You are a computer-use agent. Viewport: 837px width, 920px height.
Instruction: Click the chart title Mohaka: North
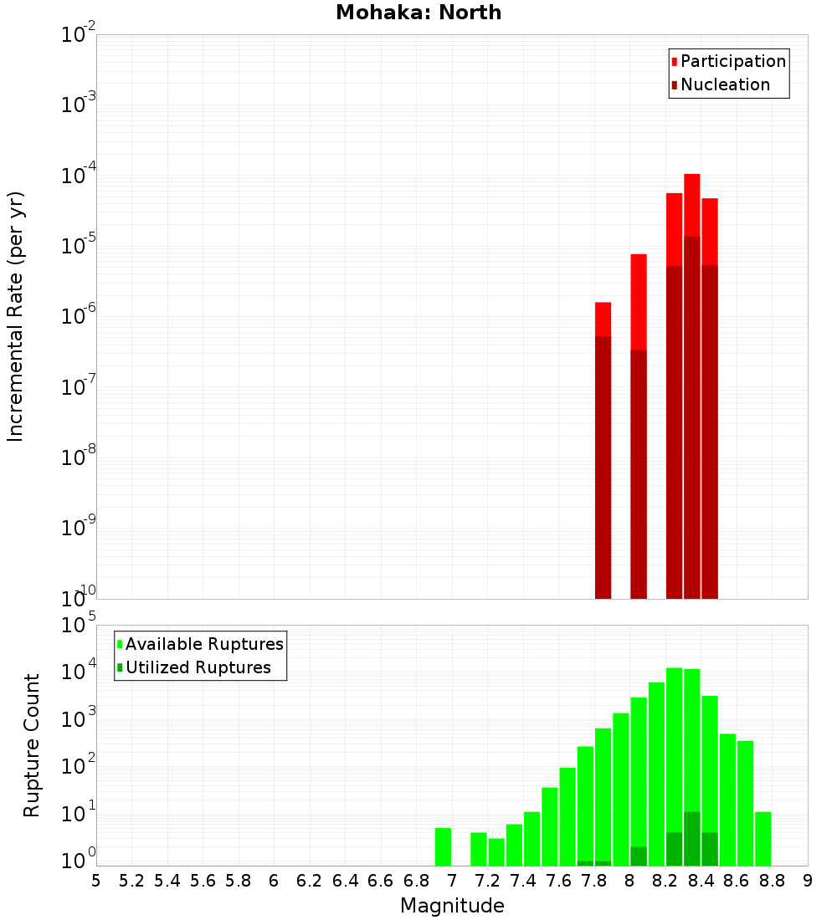418,13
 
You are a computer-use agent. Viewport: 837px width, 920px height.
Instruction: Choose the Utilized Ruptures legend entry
198,667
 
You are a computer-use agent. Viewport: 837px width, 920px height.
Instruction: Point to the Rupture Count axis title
32,745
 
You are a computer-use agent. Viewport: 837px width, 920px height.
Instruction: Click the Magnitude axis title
452,906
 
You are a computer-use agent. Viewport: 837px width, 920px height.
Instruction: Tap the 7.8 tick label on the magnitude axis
594,881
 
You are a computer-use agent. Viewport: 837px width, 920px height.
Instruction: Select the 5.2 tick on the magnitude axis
132,881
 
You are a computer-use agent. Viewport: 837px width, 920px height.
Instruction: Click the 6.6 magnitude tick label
381,881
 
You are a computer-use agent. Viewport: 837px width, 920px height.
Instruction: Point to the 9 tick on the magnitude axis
808,881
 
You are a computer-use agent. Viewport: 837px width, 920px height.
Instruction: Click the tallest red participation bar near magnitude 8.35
691,205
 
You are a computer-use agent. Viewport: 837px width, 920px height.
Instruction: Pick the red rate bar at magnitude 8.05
639,301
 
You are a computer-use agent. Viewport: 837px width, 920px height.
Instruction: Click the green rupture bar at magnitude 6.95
443,846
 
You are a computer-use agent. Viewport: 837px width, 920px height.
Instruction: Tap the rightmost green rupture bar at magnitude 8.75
763,838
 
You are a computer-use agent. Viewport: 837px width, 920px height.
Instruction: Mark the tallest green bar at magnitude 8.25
674,753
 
